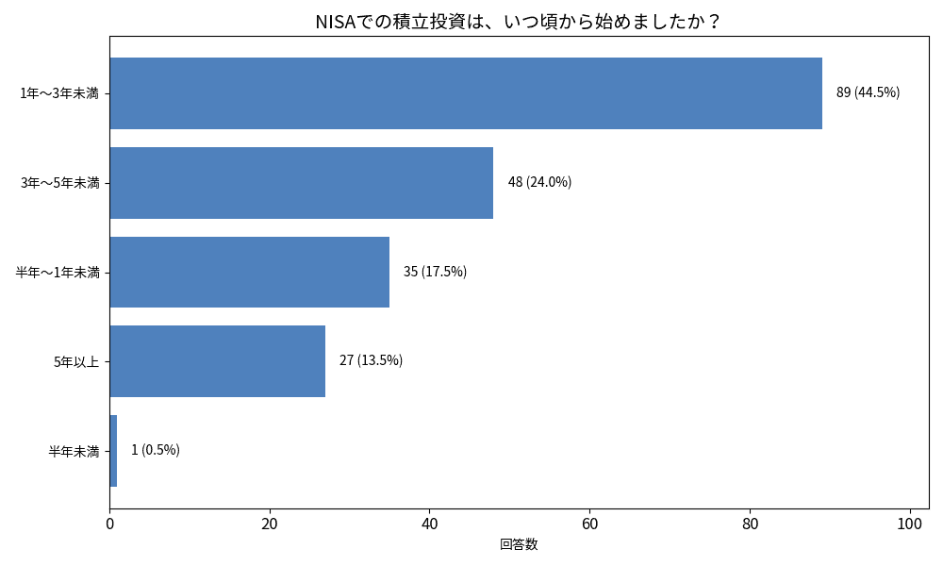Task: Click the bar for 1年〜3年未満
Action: (x=466, y=93)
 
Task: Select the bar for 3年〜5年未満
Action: (x=302, y=183)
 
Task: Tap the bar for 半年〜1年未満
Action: (x=250, y=272)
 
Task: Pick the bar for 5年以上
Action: (x=218, y=361)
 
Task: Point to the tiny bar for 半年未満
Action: (x=113, y=451)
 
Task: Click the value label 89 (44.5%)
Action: (x=868, y=92)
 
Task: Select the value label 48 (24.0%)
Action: (x=539, y=182)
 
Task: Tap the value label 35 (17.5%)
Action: (x=435, y=272)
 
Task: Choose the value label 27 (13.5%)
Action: (x=371, y=360)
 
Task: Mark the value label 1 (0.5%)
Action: (x=155, y=450)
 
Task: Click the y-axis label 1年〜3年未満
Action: (x=59, y=93)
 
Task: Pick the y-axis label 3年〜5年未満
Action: (x=59, y=183)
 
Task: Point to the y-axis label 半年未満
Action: (x=74, y=451)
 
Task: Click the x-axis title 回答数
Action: (x=519, y=544)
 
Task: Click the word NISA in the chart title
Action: (x=335, y=21)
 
